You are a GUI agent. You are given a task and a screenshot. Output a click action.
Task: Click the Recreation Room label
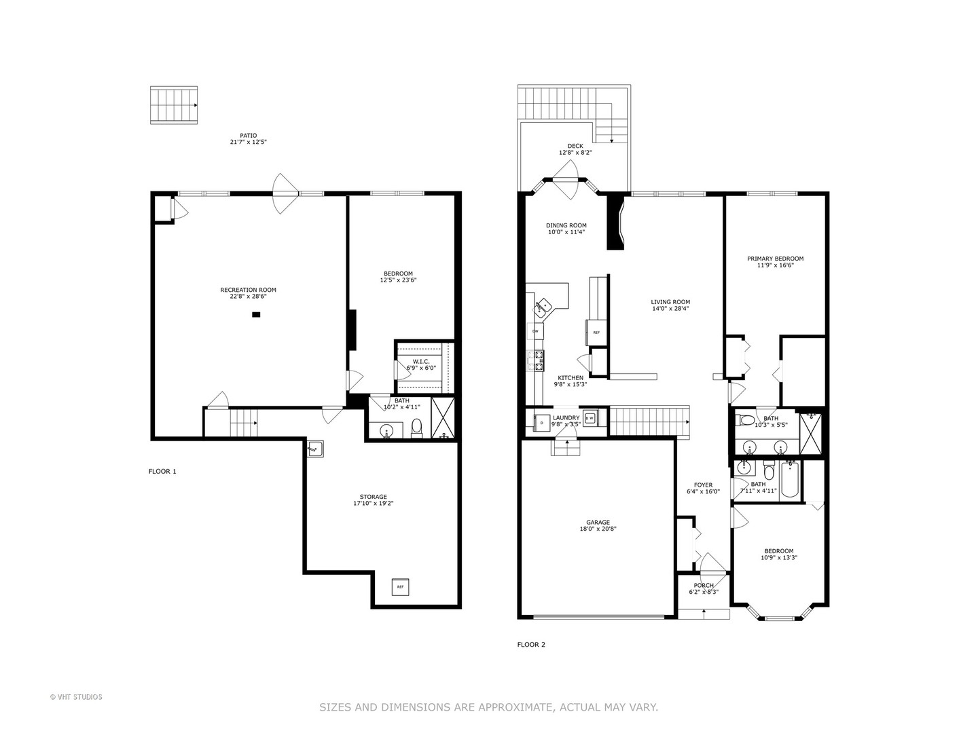click(248, 290)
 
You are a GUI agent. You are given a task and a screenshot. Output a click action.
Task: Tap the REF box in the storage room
click(400, 586)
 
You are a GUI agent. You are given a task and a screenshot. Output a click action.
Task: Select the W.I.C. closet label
click(421, 361)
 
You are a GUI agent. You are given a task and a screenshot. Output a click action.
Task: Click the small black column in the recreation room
click(256, 314)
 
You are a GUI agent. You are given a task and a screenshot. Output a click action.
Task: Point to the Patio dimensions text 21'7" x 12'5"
click(248, 143)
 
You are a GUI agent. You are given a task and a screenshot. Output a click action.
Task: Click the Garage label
click(598, 523)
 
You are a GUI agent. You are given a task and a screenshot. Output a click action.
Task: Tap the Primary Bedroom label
click(775, 259)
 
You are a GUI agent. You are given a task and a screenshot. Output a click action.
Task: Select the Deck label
click(575, 146)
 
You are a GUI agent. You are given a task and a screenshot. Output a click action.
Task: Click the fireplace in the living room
click(615, 223)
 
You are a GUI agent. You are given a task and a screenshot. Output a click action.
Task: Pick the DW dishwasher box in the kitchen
click(535, 331)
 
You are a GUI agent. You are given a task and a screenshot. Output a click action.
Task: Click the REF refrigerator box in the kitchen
click(596, 333)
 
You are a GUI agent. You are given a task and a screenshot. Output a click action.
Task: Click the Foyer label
click(703, 485)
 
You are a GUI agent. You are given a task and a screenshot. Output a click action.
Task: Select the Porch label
click(704, 586)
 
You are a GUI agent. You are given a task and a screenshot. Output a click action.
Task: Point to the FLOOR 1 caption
click(162, 471)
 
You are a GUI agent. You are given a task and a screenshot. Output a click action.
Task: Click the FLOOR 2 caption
click(531, 645)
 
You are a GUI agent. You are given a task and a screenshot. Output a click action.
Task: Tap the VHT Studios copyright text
click(76, 697)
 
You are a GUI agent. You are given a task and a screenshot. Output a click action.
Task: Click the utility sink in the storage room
click(314, 449)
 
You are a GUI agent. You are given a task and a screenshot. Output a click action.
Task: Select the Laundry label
click(566, 418)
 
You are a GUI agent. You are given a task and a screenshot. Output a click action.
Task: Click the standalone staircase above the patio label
click(174, 105)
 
